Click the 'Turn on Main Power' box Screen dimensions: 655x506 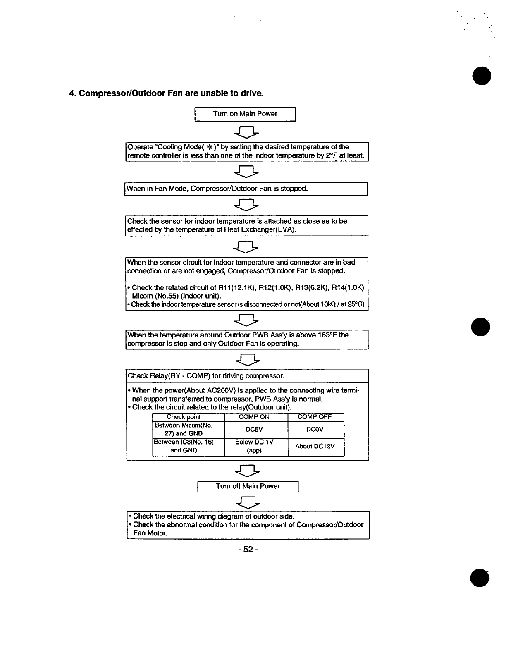point(245,114)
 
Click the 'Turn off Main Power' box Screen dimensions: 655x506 point(248,486)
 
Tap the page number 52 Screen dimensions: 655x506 point(248,550)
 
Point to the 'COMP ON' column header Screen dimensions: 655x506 point(254,417)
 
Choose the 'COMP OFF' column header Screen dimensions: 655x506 point(315,417)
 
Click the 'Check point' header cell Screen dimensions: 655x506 point(184,417)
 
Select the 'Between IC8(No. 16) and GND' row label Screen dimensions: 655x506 point(184,446)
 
